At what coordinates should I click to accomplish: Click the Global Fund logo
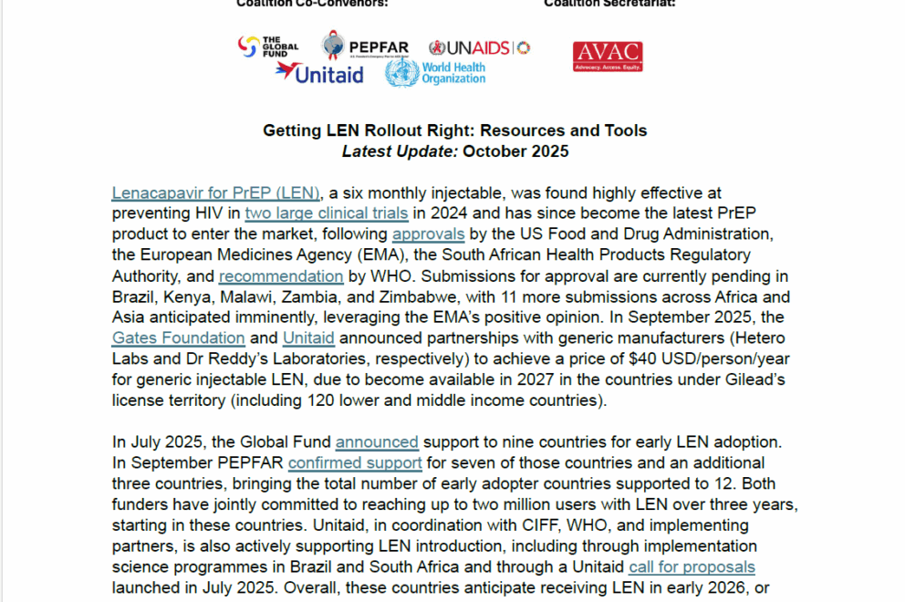(x=261, y=47)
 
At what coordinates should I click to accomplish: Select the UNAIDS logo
(x=479, y=47)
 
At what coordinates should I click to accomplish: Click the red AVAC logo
(x=607, y=57)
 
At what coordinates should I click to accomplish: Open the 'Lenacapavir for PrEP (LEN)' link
(x=215, y=192)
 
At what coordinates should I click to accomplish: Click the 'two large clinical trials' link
(x=326, y=213)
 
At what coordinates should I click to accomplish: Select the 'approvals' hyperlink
(x=429, y=234)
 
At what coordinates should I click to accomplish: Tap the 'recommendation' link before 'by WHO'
(x=281, y=276)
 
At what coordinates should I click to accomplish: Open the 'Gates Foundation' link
(x=178, y=338)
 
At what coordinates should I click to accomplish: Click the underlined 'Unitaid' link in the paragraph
(x=308, y=338)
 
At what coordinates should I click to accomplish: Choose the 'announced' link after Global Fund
(x=377, y=442)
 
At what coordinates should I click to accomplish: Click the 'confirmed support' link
(x=355, y=463)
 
